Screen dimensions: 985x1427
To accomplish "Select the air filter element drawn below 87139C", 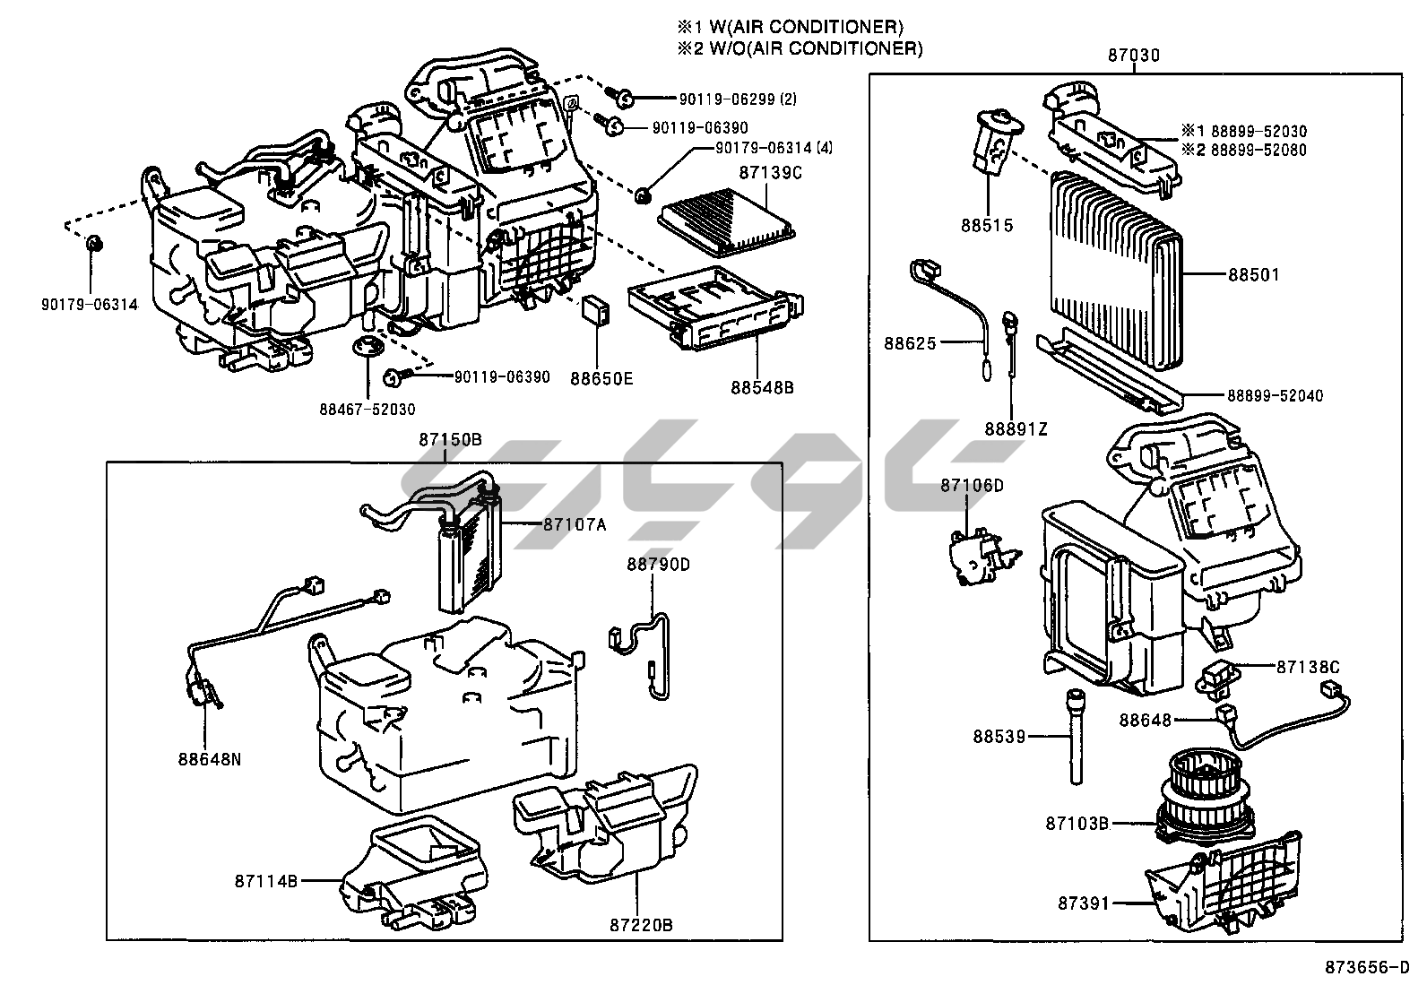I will tap(726, 220).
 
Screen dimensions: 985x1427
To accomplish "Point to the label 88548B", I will tap(762, 388).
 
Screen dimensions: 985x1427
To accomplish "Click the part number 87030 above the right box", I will tap(1133, 56).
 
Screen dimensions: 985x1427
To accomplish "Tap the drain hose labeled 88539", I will tap(1075, 736).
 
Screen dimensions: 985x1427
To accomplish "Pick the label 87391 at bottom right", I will tap(1084, 903).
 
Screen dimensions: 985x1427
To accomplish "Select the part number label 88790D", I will tap(658, 564).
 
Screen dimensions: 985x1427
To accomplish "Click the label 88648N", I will tap(210, 759).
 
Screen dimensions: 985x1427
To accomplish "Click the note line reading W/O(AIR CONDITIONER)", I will tap(812, 48).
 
